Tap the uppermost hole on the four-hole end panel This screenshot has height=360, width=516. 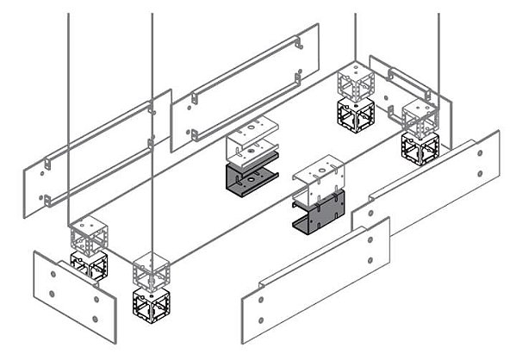point(53,272)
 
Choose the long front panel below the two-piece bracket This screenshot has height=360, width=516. point(315,276)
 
